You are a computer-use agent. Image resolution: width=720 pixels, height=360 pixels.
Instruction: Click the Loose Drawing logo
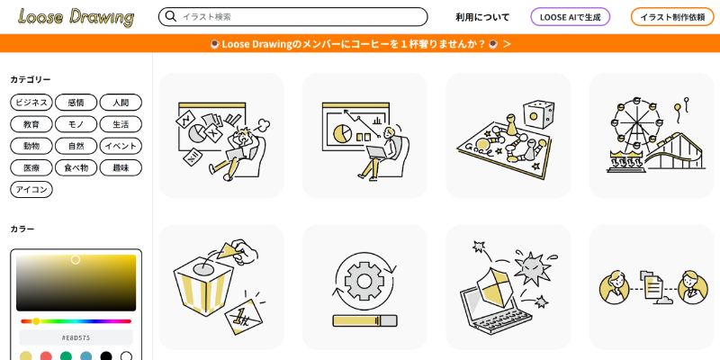[76, 17]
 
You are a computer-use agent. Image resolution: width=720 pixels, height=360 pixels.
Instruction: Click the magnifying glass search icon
[171, 16]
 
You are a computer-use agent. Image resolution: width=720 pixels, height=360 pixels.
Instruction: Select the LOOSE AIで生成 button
[571, 17]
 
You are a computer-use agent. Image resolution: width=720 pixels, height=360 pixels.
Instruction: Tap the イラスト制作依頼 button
[672, 17]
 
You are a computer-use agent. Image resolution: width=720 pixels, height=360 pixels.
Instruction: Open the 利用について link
[482, 17]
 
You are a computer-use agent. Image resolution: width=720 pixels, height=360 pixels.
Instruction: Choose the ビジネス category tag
[31, 103]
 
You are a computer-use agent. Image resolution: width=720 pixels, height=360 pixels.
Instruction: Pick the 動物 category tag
[31, 146]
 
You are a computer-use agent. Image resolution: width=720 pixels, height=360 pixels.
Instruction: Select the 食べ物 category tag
[76, 167]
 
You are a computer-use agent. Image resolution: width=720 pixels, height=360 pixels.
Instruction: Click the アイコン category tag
[31, 189]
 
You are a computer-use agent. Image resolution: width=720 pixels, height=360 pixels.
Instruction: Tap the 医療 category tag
[31, 167]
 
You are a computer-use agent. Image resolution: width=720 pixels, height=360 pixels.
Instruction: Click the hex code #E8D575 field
[76, 337]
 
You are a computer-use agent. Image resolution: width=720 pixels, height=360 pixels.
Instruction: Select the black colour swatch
[106, 356]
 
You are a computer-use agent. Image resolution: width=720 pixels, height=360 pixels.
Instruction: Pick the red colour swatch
[46, 356]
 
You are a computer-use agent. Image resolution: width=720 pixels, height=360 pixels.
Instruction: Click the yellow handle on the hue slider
[36, 321]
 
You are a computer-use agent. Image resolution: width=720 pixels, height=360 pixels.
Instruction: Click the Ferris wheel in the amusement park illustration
[636, 124]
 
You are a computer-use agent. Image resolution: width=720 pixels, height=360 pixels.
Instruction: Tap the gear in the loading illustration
[364, 281]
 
